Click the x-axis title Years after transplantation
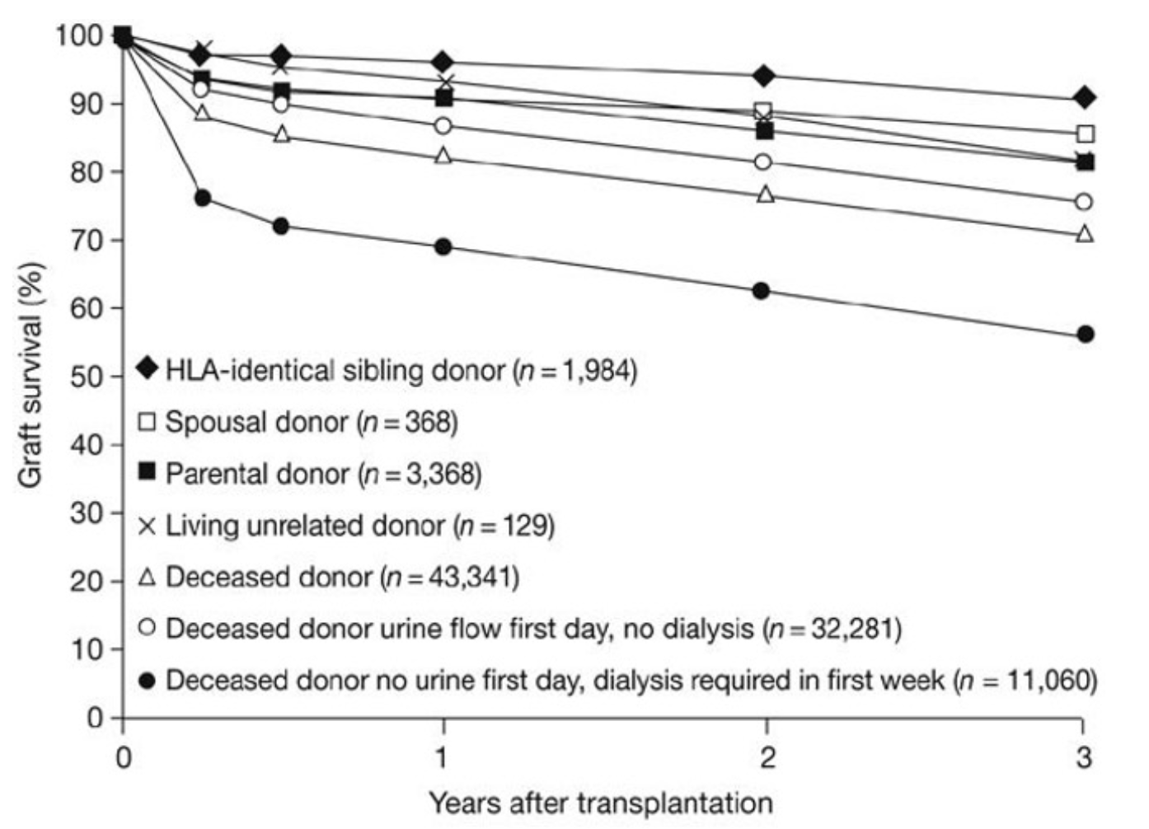tap(600, 802)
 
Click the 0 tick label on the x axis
tap(123, 756)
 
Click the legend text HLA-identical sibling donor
tap(335, 370)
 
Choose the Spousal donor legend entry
tap(256, 422)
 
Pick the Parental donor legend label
tap(257, 474)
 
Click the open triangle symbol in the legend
tap(148, 576)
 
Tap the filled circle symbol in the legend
tap(148, 681)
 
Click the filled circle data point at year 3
tap(1086, 334)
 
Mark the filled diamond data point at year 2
tap(764, 76)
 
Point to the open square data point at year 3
tap(1086, 133)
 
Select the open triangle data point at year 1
tap(443, 156)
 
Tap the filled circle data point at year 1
tap(443, 246)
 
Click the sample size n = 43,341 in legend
tap(450, 577)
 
